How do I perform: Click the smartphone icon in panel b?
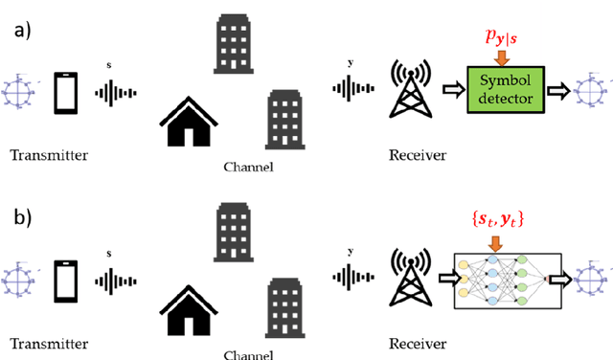click(x=65, y=279)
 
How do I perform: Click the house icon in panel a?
click(x=196, y=116)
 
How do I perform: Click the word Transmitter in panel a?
click(x=46, y=153)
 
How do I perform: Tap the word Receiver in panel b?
click(x=417, y=343)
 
